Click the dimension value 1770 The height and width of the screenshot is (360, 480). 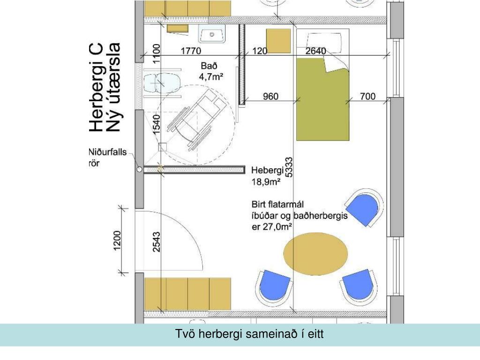point(191,51)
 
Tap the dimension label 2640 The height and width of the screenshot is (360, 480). point(315,51)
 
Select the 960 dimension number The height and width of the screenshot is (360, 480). point(270,97)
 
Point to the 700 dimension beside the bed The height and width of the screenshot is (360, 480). point(367,97)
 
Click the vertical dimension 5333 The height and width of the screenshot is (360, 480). point(289,167)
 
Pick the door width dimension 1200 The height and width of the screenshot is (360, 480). point(117,240)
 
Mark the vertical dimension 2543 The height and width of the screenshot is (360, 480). point(157,242)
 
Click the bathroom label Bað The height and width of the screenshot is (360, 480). point(209,66)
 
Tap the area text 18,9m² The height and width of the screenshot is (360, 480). point(266,182)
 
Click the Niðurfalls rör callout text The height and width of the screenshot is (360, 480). point(107,157)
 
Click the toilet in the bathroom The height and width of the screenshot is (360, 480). point(162,83)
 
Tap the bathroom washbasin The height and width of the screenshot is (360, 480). point(212,34)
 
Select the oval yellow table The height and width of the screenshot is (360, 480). point(315,254)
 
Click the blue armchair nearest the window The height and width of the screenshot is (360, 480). point(364,207)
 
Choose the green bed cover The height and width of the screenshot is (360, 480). point(322,99)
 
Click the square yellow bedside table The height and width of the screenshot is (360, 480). point(278,41)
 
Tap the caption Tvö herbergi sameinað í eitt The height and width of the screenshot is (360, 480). point(249,334)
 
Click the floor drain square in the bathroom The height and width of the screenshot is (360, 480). point(163,147)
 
